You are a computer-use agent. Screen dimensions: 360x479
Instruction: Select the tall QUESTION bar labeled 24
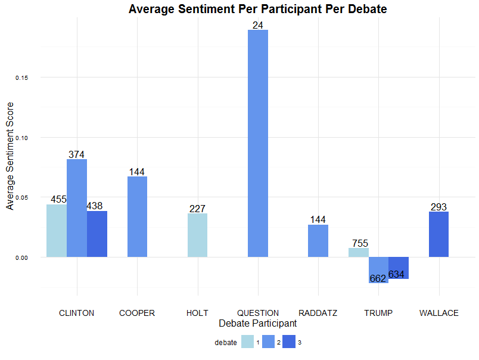coord(258,143)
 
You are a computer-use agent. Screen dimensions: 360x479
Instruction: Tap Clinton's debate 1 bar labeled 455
coord(57,231)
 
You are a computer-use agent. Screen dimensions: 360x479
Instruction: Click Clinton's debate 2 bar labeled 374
coord(77,208)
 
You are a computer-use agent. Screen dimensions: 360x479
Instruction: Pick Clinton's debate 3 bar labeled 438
coord(97,234)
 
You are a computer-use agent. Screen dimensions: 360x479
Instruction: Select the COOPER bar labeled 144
coord(137,216)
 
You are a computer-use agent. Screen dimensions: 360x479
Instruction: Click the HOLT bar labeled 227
coord(197,235)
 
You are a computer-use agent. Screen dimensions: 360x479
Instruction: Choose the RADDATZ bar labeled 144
coord(318,241)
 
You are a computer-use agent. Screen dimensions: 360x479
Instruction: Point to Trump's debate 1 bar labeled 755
coord(359,253)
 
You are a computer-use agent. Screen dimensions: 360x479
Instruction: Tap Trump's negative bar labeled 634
coord(399,268)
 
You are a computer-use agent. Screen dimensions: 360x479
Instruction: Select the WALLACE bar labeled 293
coord(438,234)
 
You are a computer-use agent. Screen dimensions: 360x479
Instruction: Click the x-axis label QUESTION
coord(258,313)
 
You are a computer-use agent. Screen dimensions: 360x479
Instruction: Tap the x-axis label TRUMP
coord(378,313)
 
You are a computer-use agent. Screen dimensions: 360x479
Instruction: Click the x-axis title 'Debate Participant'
coord(258,323)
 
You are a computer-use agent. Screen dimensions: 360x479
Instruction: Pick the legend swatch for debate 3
coord(288,343)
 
